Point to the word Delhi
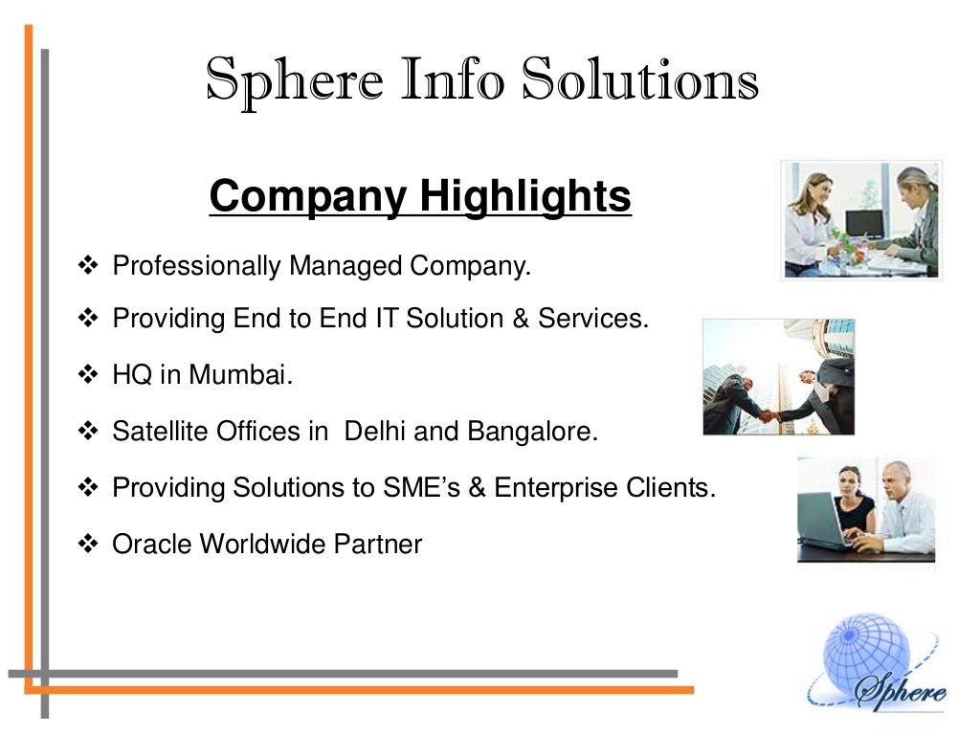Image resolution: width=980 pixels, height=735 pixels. (x=375, y=432)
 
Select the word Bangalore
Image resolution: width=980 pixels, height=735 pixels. (x=531, y=432)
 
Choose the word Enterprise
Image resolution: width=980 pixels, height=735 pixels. (x=555, y=488)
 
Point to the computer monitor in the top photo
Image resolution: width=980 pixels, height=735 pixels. (x=863, y=224)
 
